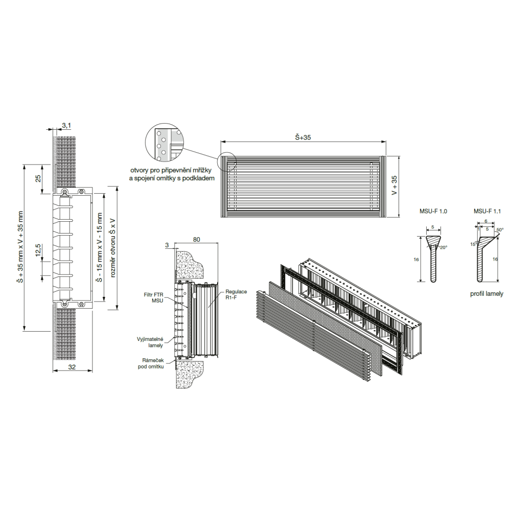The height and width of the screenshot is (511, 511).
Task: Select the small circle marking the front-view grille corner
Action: pyautogui.click(x=226, y=161)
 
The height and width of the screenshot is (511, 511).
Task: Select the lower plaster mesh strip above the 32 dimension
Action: pyautogui.click(x=66, y=334)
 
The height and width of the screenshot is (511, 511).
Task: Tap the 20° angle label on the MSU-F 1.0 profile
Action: pyautogui.click(x=444, y=247)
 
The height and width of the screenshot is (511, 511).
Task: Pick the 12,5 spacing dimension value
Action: pyautogui.click(x=38, y=250)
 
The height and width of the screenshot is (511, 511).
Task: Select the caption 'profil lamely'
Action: pyautogui.click(x=486, y=294)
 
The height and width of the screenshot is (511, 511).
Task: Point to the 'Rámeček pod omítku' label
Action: pyautogui.click(x=153, y=363)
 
